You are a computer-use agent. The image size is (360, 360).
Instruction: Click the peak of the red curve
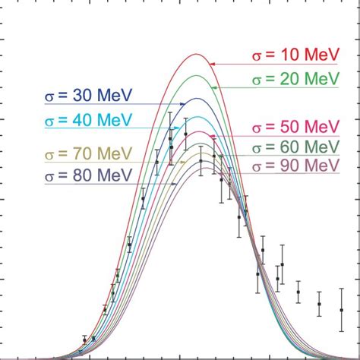pyautogui.click(x=196, y=54)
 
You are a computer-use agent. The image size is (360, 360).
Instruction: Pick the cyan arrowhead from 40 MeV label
pyautogui.click(x=182, y=127)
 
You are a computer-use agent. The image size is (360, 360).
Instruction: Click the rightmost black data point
pyautogui.click(x=342, y=310)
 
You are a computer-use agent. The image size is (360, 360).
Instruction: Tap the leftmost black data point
pyautogui.click(x=84, y=339)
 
